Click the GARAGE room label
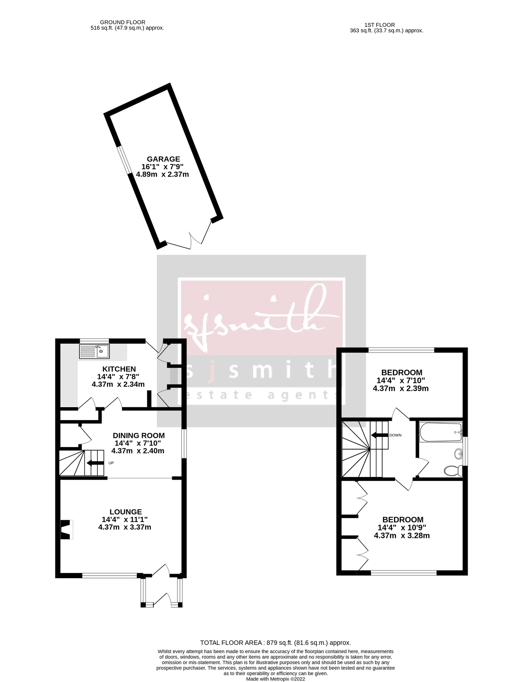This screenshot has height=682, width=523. [163, 159]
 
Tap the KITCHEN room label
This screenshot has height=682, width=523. [119, 369]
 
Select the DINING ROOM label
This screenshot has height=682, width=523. [139, 435]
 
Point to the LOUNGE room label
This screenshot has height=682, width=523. [125, 512]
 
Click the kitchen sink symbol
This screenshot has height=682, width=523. [94, 351]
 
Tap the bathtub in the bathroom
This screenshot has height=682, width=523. [440, 432]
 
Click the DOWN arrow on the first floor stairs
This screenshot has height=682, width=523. [380, 435]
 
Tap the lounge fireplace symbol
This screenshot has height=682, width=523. [67, 530]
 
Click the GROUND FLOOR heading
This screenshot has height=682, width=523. [122, 22]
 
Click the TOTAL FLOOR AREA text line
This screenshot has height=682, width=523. [276, 643]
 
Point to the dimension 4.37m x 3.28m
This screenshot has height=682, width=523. [402, 535]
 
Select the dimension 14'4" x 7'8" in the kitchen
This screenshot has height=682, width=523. [118, 377]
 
